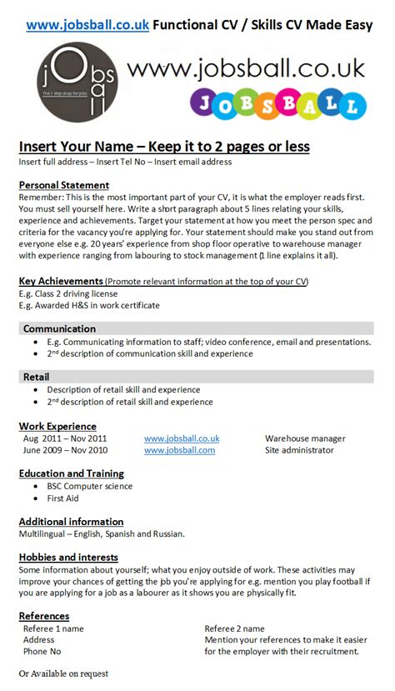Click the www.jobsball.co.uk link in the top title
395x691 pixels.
point(88,25)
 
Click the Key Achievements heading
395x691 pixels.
point(62,282)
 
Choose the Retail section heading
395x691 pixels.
point(37,377)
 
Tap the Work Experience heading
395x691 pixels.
point(57,426)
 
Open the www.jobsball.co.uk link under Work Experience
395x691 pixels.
point(182,438)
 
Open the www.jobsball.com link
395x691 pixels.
point(179,450)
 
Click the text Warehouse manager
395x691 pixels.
point(305,438)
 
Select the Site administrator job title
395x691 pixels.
point(299,450)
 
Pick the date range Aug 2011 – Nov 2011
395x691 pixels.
point(65,438)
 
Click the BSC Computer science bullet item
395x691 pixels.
point(89,486)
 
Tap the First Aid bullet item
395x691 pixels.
point(63,498)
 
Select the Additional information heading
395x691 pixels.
point(71,522)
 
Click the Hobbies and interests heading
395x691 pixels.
point(68,557)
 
